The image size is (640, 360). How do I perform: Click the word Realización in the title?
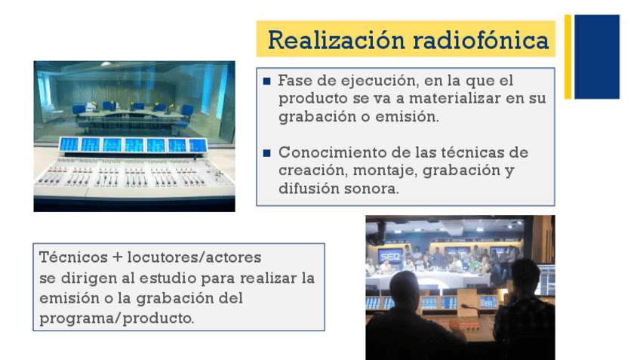pos(337,40)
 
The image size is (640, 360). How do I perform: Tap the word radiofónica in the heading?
pos(481,40)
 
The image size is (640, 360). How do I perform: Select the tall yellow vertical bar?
pos(568,57)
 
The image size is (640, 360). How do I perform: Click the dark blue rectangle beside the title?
pos(597,57)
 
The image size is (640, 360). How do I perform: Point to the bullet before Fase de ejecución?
pos(267,82)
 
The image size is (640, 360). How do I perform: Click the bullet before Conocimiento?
pos(267,153)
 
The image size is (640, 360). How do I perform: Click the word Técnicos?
pos(73,257)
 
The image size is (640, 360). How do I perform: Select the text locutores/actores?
pos(194,257)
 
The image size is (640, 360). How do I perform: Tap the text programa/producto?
pos(117,318)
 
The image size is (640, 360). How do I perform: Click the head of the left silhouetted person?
pos(405,291)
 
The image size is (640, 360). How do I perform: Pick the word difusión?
pos(309,189)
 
